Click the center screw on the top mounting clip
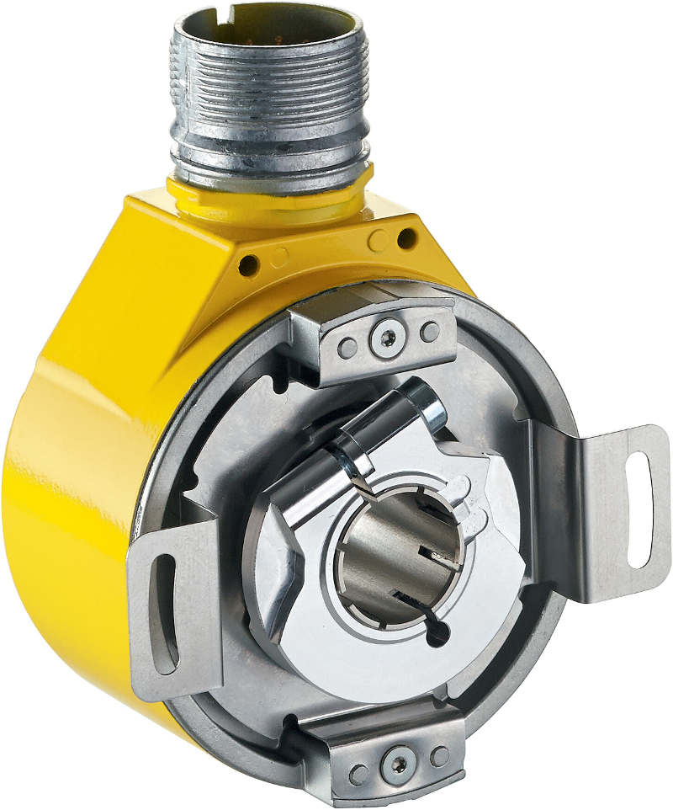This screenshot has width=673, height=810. point(386,338)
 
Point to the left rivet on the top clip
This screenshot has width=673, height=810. point(347,344)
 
